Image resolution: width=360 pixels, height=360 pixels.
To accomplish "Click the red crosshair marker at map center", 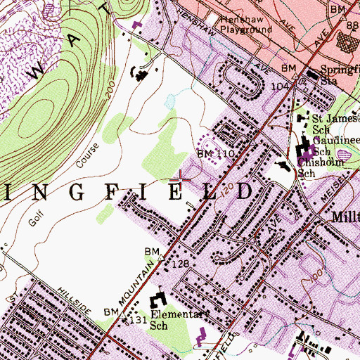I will pyautogui.click(x=180, y=177).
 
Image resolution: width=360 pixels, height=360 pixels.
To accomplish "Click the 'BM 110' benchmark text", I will pyautogui.click(x=213, y=153).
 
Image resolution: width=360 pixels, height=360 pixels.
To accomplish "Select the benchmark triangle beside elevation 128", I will pyautogui.click(x=160, y=258).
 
